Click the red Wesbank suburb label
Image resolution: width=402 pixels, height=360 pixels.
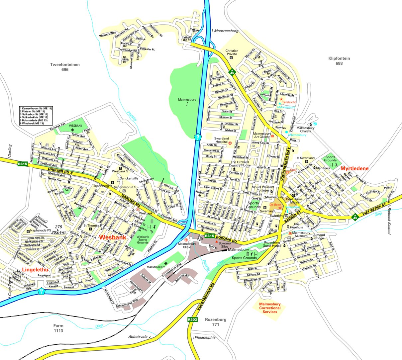pos(113,238)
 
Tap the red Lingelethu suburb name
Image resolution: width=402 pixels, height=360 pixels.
pos(35,269)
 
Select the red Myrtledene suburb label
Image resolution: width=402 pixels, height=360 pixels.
pos(354,169)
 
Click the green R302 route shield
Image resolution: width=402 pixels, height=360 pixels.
pos(192,319)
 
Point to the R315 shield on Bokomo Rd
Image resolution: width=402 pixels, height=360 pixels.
pos(209,236)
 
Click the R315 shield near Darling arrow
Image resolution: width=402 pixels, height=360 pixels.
pos(23,163)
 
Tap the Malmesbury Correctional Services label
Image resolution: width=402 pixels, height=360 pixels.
pos(270,308)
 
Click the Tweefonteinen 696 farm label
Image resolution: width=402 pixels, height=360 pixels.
pos(65,67)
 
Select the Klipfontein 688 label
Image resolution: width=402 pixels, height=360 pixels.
pos(339,61)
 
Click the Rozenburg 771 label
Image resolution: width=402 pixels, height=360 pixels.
pos(216,322)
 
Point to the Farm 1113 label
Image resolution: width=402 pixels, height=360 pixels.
pos(58,328)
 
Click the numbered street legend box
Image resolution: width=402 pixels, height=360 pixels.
pos(36,116)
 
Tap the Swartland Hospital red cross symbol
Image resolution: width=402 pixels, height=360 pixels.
pos(230,143)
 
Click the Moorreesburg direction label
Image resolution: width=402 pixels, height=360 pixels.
pos(226,31)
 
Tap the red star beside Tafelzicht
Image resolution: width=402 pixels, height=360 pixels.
pos(281,99)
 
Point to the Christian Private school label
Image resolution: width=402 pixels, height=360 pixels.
pos(232,52)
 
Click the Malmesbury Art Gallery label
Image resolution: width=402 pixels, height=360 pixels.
pos(262,135)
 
